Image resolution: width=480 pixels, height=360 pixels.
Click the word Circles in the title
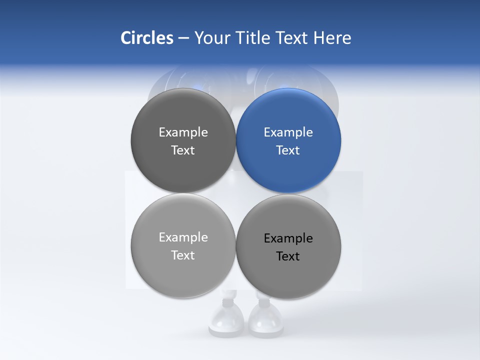tap(146, 38)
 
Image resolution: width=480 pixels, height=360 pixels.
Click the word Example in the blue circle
tap(288, 132)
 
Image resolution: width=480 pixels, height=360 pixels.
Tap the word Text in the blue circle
tap(288, 150)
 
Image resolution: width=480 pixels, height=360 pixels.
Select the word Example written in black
tap(288, 238)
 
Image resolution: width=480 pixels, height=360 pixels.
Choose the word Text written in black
tap(288, 256)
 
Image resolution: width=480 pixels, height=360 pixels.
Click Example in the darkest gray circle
tap(183, 132)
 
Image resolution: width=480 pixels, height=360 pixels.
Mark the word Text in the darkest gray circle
tap(183, 150)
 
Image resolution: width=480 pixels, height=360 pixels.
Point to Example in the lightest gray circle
tap(183, 237)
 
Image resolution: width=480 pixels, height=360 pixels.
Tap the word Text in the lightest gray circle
tap(183, 255)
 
